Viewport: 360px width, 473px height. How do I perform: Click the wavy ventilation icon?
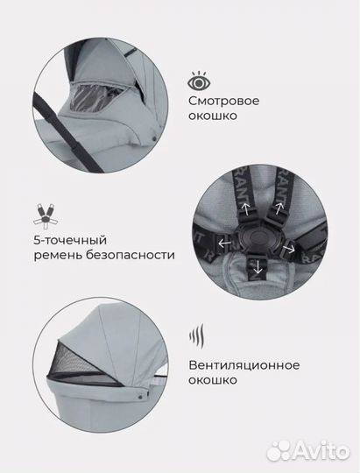tap(197, 337)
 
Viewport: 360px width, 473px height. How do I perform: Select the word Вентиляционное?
tap(242, 365)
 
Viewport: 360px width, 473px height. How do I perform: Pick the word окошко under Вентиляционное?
tap(211, 381)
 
